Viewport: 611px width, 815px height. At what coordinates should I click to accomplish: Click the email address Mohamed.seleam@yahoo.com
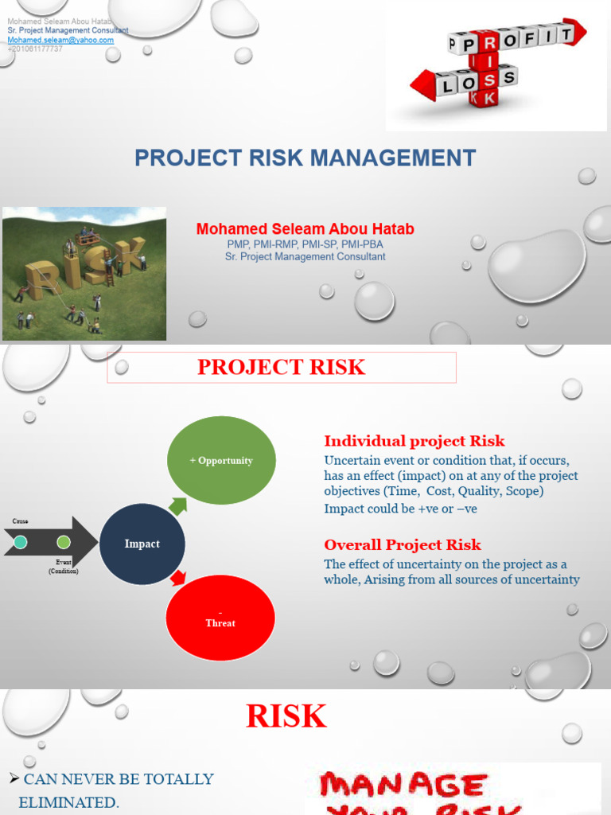tap(60, 40)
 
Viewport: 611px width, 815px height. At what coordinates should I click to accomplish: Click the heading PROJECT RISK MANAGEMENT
tap(305, 158)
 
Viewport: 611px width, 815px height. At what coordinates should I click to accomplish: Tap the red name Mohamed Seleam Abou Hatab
tap(305, 229)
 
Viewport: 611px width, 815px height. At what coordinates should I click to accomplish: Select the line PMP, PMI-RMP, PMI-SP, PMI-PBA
tap(305, 244)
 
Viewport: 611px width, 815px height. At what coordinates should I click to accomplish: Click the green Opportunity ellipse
tap(221, 461)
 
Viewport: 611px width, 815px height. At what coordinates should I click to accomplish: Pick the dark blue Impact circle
tap(142, 544)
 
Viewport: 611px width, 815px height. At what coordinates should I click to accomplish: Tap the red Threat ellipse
tap(220, 618)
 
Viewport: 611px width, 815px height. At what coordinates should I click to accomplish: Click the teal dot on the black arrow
tap(21, 542)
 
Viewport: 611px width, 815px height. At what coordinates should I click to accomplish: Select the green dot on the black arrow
tap(64, 542)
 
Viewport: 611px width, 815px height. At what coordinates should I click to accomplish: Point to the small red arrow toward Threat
tap(178, 577)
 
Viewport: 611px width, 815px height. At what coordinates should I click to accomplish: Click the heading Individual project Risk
tap(414, 441)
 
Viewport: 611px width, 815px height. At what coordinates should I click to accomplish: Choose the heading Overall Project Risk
tap(402, 545)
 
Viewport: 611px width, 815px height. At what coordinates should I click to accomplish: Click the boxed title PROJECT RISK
tap(281, 367)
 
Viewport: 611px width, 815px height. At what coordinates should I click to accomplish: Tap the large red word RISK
tap(286, 716)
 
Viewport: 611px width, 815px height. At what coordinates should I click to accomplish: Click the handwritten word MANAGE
tap(402, 786)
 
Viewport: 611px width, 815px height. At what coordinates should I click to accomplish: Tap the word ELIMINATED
tap(68, 803)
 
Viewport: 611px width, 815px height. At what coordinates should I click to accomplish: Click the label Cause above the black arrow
tap(20, 521)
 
